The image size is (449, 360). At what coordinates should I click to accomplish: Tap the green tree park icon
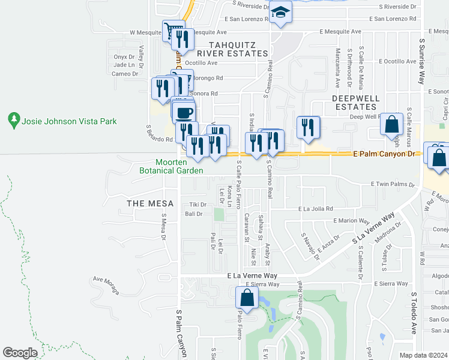pyautogui.click(x=14, y=121)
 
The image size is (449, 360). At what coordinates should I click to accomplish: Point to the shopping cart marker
pyautogui.click(x=173, y=30)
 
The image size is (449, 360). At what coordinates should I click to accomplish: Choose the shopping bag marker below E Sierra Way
pyautogui.click(x=247, y=297)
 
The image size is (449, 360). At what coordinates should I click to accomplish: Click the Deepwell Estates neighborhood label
pyautogui.click(x=356, y=102)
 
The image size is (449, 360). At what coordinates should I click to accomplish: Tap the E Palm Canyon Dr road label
pyautogui.click(x=384, y=154)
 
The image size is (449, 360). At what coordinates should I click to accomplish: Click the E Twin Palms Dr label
pyautogui.click(x=393, y=184)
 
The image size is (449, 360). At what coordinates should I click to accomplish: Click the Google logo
pyautogui.click(x=20, y=353)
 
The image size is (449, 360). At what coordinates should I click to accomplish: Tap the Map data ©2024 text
pyautogui.click(x=423, y=355)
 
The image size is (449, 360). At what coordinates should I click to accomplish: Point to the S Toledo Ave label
pyautogui.click(x=414, y=313)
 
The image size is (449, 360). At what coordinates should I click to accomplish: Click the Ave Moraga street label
pyautogui.click(x=106, y=279)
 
